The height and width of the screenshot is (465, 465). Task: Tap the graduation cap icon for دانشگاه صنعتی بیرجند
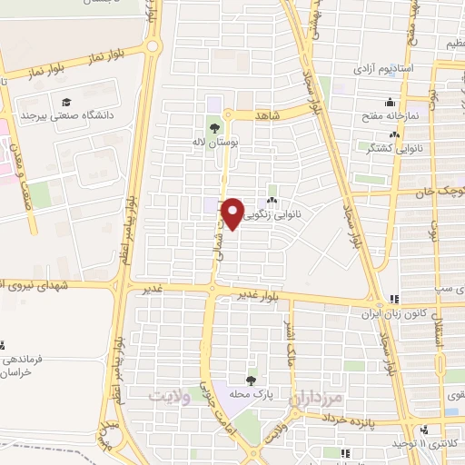(66, 102)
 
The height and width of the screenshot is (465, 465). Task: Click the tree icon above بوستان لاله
(214, 128)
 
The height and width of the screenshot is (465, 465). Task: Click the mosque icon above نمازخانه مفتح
(390, 102)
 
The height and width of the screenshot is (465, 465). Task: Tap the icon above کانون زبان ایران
(393, 299)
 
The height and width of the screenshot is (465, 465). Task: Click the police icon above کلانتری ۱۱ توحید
(424, 429)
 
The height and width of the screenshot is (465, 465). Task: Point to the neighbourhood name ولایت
(168, 396)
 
